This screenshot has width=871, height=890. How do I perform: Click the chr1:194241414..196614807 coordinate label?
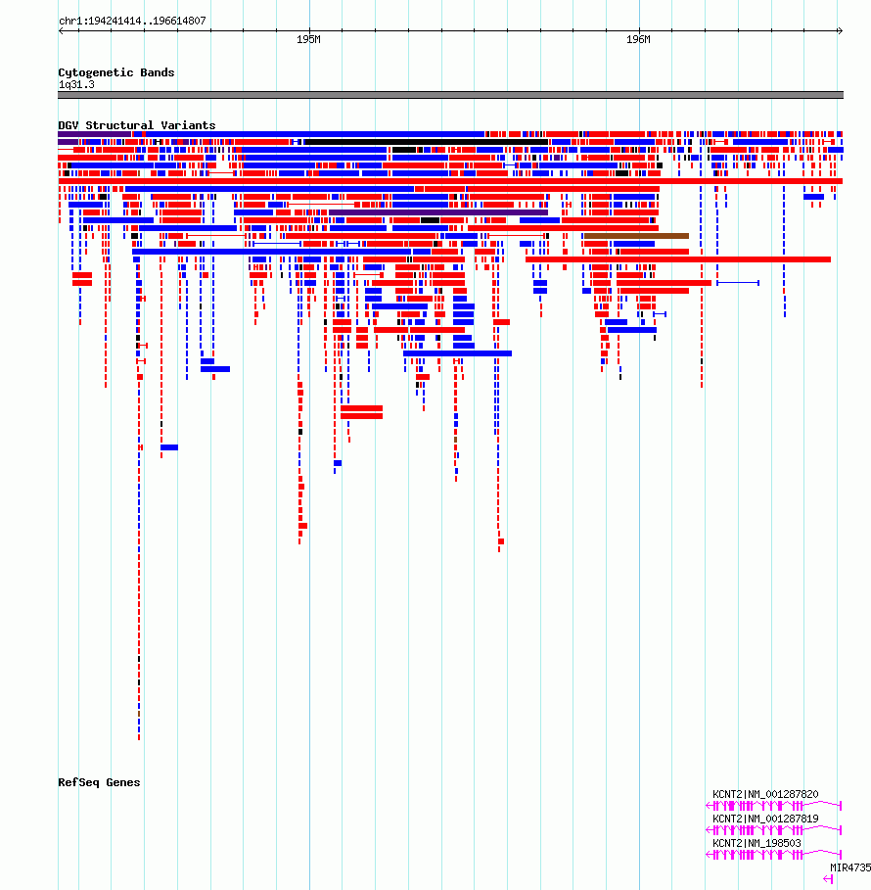(132, 21)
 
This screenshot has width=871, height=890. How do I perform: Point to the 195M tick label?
(308, 40)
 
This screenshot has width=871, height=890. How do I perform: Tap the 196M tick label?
(638, 40)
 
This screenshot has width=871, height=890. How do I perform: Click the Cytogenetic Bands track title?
(115, 72)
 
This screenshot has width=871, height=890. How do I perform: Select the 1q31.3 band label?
(76, 84)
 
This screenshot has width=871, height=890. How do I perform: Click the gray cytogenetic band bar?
(450, 95)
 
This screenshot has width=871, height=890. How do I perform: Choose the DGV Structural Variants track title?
(136, 125)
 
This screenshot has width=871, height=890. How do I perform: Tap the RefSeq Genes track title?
(99, 782)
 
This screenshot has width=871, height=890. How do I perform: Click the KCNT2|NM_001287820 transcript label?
(765, 794)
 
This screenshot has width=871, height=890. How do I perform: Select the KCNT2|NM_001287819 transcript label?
(765, 819)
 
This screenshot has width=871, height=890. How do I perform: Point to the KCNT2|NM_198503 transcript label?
(756, 843)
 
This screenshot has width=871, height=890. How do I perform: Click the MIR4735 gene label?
(850, 867)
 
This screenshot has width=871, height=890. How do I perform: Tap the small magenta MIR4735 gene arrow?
(828, 878)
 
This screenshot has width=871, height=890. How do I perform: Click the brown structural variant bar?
(636, 236)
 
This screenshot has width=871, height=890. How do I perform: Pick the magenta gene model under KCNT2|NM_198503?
(773, 855)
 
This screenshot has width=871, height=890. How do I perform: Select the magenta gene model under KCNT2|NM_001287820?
(773, 806)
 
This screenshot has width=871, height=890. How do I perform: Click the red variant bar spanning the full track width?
(450, 181)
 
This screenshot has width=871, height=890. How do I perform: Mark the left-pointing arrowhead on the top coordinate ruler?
(62, 30)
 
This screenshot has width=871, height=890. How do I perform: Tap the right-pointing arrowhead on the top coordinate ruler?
(840, 30)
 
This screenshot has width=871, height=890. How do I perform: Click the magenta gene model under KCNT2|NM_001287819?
(773, 830)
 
